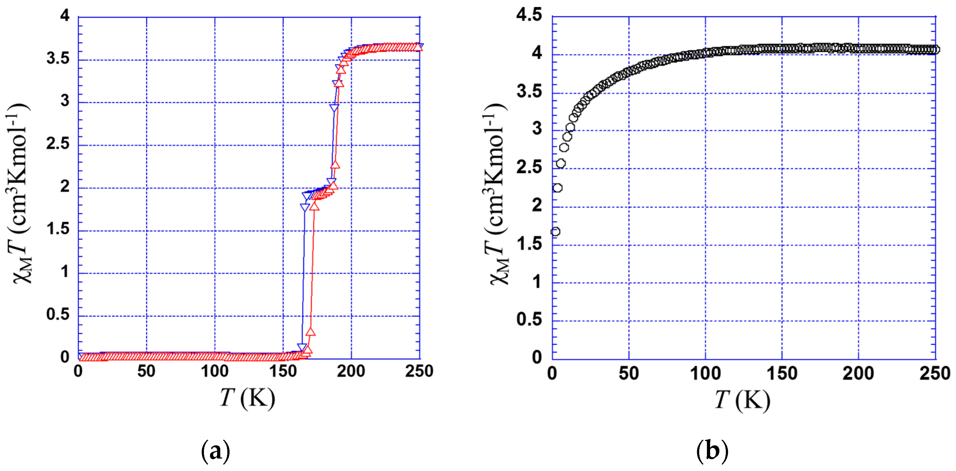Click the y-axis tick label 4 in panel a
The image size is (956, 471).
65,16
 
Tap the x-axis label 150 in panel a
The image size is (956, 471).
283,371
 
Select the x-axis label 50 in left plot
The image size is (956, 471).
146,371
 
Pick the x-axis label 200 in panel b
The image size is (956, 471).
858,373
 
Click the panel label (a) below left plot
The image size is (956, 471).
215,451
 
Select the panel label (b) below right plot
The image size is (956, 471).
712,451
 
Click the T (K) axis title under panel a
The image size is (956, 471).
247,398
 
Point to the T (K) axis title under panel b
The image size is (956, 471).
742,400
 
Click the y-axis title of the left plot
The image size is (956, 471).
19,193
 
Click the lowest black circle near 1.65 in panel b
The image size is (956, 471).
555,232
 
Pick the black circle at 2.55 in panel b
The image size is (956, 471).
561,163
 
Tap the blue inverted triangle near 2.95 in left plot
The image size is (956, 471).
334,108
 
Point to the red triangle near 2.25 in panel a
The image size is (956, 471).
335,165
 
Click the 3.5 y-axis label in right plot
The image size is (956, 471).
529,91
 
